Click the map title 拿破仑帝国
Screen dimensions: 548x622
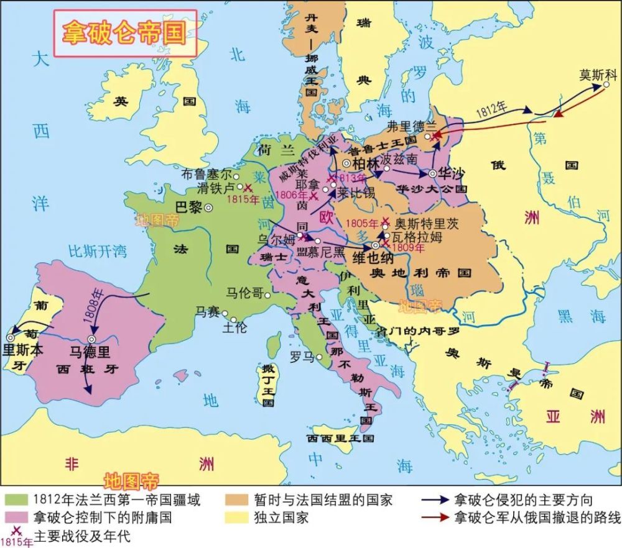tap(124, 33)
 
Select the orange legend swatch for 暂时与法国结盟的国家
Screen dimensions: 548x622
tap(236, 500)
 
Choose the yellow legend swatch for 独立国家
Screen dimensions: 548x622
tap(236, 517)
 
